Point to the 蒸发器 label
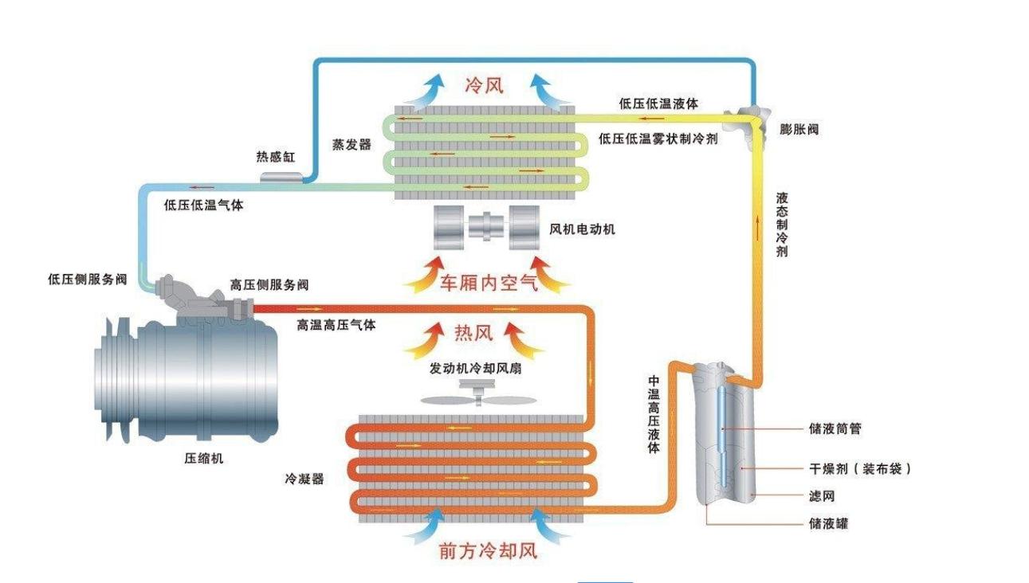(352, 145)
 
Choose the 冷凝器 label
(304, 479)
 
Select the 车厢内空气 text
(488, 282)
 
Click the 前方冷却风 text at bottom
(488, 550)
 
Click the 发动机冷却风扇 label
(476, 370)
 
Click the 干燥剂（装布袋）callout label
(859, 468)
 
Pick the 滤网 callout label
(821, 496)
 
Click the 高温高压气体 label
(336, 325)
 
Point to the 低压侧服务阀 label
(88, 279)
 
